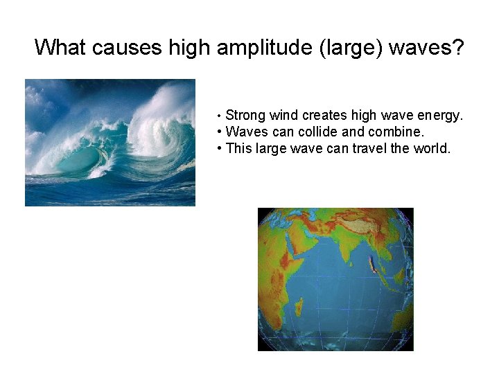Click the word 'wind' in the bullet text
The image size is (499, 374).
tap(283, 116)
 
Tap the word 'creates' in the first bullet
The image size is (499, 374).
tap(324, 116)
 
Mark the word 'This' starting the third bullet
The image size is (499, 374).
tap(238, 148)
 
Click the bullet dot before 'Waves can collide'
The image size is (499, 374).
tap(219, 132)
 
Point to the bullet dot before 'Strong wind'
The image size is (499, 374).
tap(219, 116)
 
